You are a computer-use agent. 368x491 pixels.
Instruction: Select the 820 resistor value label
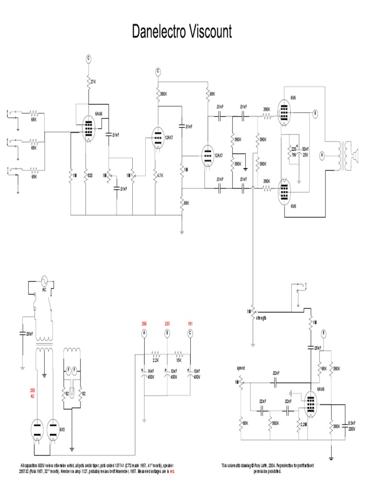tap(89, 175)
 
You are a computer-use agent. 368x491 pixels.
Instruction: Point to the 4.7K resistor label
tap(161, 175)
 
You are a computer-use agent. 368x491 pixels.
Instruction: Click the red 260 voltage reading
tap(144, 323)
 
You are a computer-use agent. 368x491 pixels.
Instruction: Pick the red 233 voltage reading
tap(167, 323)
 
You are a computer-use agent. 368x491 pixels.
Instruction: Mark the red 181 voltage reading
tap(190, 323)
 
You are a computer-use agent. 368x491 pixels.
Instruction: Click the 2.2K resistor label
tap(156, 360)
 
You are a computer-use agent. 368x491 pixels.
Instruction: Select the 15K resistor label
tap(179, 360)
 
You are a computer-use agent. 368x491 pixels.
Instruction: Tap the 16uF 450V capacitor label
tap(149, 374)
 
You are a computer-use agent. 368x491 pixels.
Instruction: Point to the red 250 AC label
tap(33, 393)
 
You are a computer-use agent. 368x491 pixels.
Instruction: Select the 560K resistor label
tap(276, 423)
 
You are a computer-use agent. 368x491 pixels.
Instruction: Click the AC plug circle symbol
tap(44, 281)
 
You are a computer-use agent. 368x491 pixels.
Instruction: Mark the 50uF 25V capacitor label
tap(305, 152)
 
